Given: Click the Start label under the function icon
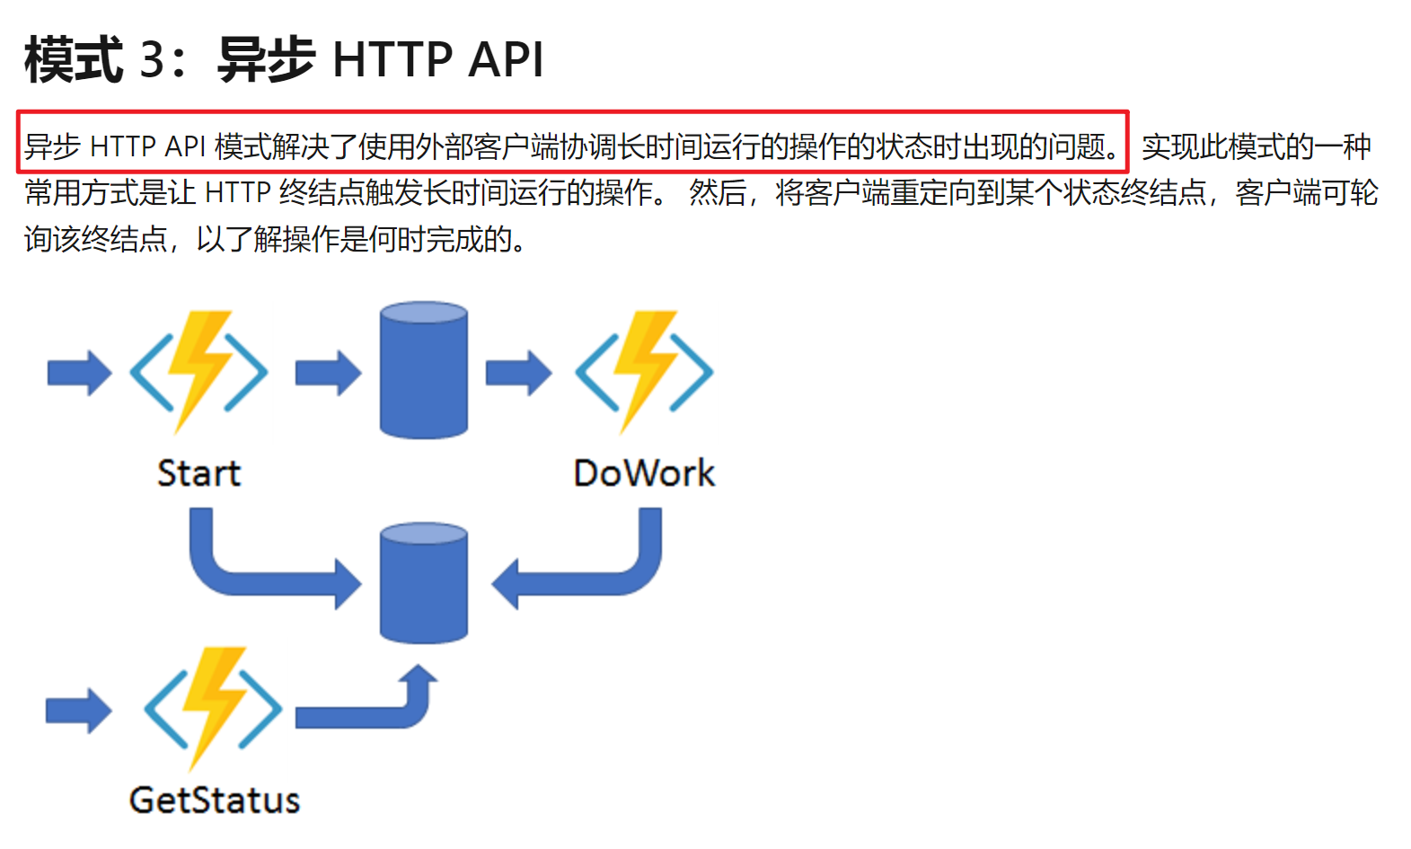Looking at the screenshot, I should coord(198,473).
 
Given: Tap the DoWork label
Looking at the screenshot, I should coord(644,473).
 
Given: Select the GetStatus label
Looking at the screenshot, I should coord(215,800).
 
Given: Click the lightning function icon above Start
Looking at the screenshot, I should coord(198,371).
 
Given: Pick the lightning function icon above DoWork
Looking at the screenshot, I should coord(644,371).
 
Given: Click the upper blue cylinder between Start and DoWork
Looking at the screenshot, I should coord(424,370).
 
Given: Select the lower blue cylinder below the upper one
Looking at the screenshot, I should coord(424,583).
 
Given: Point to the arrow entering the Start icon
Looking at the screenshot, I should coord(79,372).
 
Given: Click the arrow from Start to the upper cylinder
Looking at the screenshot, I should coord(328,372).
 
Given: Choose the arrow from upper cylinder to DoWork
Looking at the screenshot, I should coord(518,372).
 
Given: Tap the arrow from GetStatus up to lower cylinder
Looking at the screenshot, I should coord(377,710).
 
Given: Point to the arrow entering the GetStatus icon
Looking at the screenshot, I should coord(79,711).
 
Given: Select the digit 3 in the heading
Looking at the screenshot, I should coord(153,61).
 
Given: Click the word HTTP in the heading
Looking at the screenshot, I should coord(392,61).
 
